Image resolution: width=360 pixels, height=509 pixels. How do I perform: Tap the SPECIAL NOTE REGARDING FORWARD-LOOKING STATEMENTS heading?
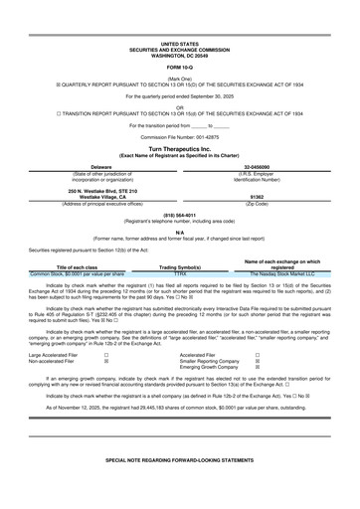(x=179, y=489)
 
